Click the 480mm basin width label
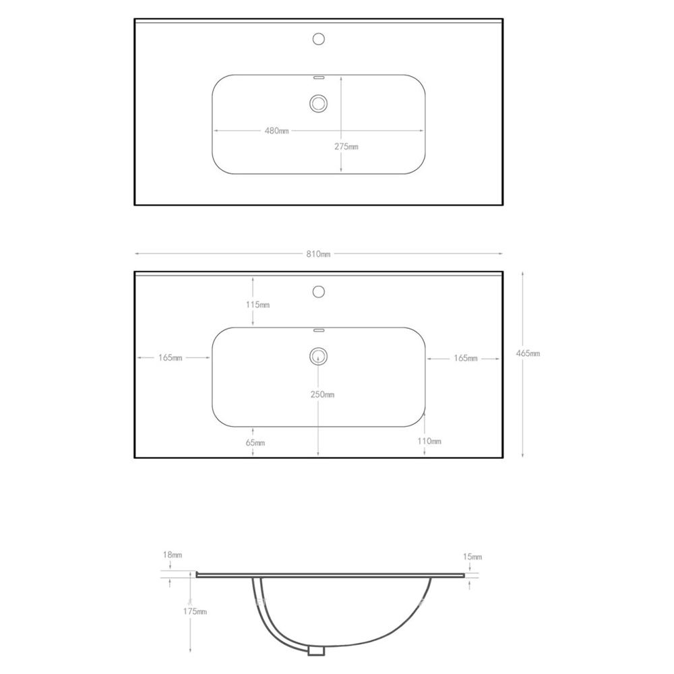coord(276,131)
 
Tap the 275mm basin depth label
coord(346,146)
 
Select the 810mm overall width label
coord(319,254)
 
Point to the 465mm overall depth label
coord(528,353)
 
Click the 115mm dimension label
coord(258,305)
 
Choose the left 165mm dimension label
coord(171,358)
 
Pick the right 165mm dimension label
coord(466,358)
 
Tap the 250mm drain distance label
coord(322,394)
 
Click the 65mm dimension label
coord(255,443)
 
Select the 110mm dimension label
coord(429,441)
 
